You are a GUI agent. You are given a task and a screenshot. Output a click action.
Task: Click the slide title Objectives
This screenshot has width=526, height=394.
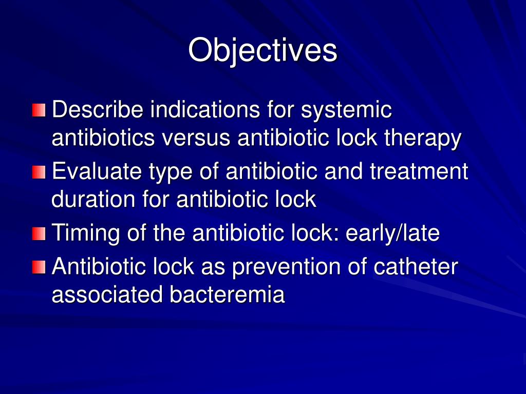coord(262,50)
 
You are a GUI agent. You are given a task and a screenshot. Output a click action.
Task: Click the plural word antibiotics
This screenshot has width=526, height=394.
coord(102,139)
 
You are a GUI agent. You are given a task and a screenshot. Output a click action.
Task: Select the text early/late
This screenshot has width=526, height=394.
coord(392,234)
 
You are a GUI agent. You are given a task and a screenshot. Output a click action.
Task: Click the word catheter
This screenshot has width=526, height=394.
coord(417,267)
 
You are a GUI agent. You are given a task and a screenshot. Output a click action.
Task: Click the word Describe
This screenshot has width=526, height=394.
coord(98,110)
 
